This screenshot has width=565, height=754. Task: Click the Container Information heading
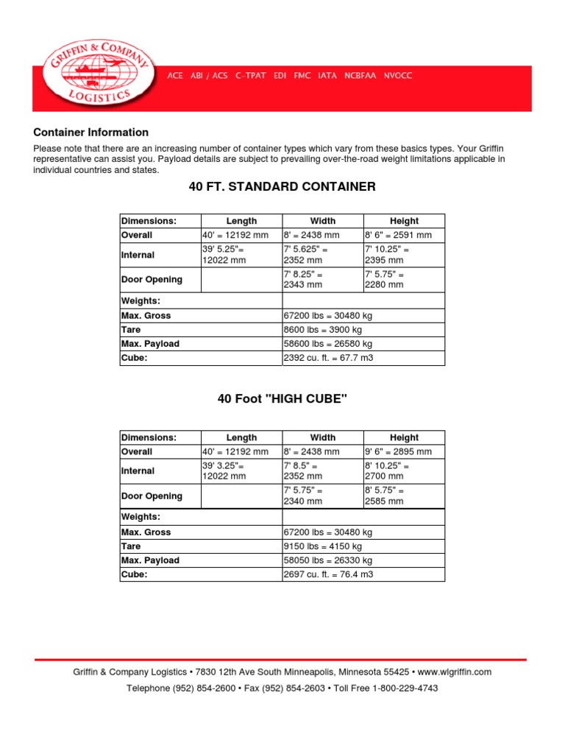[x=90, y=133]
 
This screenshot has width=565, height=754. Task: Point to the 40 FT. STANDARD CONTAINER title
[x=282, y=187]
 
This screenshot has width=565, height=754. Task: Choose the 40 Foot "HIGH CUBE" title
[x=282, y=399]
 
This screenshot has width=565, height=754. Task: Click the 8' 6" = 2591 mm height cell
[x=398, y=235]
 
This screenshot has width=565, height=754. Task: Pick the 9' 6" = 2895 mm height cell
[x=398, y=451]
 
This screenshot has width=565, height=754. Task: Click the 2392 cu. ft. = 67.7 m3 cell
[x=328, y=358]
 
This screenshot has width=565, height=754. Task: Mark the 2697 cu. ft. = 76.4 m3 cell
[x=328, y=574]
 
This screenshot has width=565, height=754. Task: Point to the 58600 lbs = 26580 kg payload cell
[x=327, y=344]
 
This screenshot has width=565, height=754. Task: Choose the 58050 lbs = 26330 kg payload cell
[x=327, y=560]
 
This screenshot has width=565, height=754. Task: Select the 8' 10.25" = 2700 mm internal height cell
[x=387, y=471]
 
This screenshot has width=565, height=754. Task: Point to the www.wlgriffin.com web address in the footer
[x=454, y=672]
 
